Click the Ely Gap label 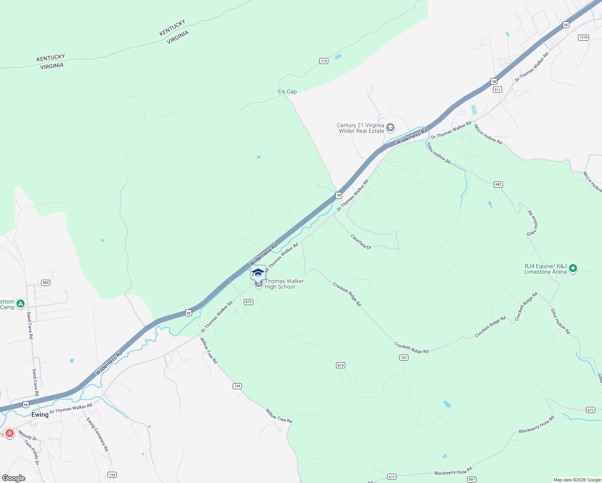pyautogui.click(x=287, y=92)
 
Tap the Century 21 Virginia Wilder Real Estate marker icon pyautogui.click(x=390, y=128)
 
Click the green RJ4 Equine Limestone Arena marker pyautogui.click(x=573, y=268)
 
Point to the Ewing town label pyautogui.click(x=40, y=415)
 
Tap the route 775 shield pyautogui.click(x=324, y=61)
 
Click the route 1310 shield pyautogui.click(x=583, y=37)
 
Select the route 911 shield pyautogui.click(x=497, y=90)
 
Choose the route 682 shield pyautogui.click(x=498, y=184)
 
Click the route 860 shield pyautogui.click(x=45, y=283)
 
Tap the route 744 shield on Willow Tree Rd pyautogui.click(x=237, y=386)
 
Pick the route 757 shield pyautogui.click(x=404, y=357)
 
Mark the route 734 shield pyautogui.click(x=112, y=475)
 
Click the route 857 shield pyautogui.click(x=472, y=479)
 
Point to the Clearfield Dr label pyautogui.click(x=361, y=242)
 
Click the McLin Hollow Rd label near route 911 pyautogui.click(x=488, y=134)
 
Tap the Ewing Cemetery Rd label pyautogui.click(x=97, y=434)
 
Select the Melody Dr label pyautogui.click(x=28, y=436)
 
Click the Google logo pyautogui.click(x=14, y=478)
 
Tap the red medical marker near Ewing pyautogui.click(x=10, y=433)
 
